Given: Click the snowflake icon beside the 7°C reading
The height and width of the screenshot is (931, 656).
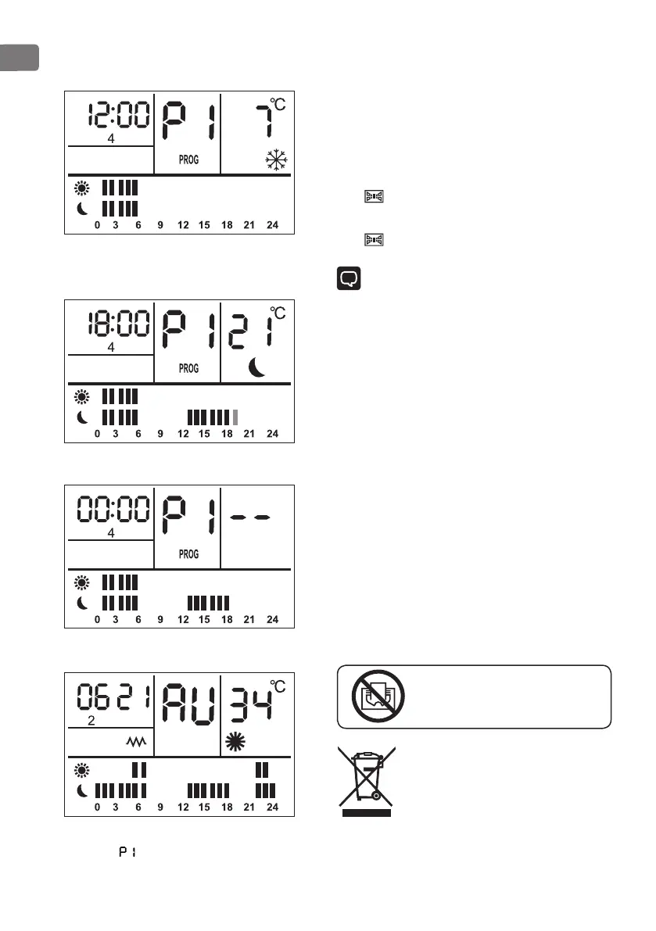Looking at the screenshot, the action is (x=277, y=161).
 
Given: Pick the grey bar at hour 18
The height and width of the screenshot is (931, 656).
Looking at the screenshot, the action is (x=235, y=416).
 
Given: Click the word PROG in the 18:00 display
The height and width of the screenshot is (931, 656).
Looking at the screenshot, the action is (x=188, y=368).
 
